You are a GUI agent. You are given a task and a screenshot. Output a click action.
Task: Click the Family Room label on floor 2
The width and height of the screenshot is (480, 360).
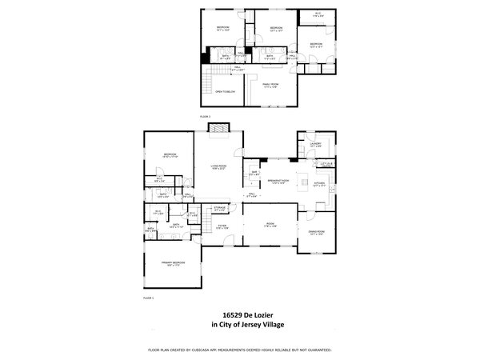point(270,85)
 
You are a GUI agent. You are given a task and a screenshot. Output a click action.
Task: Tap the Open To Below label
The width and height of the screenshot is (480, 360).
point(224,92)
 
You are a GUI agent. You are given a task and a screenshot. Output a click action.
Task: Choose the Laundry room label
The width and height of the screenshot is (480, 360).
point(315,145)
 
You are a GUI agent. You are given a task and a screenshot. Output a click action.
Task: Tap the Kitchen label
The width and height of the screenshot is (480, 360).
point(319,184)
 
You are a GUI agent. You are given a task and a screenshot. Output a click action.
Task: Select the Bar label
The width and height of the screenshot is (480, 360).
point(254,172)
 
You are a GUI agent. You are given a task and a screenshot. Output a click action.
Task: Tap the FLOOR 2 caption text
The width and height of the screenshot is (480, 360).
point(205,117)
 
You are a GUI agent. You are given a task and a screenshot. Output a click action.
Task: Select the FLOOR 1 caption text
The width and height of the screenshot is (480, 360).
point(147,298)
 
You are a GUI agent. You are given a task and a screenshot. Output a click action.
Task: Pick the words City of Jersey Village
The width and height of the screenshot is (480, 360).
point(248,325)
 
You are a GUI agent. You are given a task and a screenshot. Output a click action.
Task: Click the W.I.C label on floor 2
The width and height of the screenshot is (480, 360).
point(317,14)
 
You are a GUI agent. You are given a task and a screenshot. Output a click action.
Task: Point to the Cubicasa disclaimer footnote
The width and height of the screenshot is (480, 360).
point(240,350)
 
